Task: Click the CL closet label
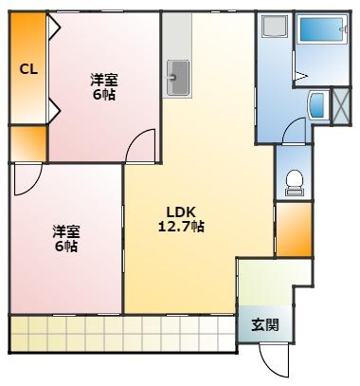[27, 69]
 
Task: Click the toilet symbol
[294, 179]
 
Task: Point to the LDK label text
[182, 213]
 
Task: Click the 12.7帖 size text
[182, 228]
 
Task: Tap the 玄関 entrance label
[264, 324]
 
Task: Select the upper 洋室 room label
[103, 82]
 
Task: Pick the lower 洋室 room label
[65, 231]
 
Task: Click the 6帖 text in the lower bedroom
[65, 246]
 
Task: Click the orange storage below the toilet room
[294, 230]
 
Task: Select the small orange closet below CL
[27, 143]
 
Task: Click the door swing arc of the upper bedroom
[142, 145]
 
